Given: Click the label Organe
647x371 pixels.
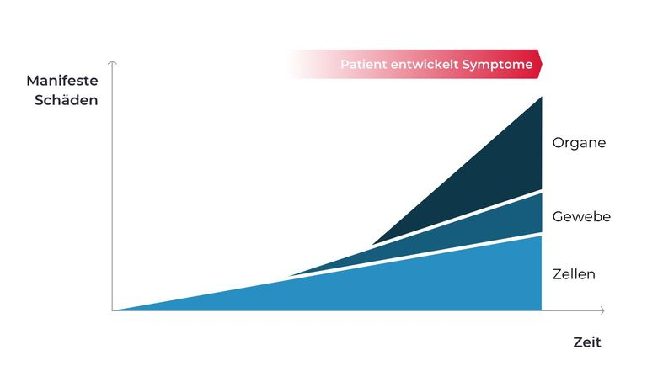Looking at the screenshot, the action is tap(579, 143).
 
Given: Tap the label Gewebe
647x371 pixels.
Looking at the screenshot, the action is tap(581, 216).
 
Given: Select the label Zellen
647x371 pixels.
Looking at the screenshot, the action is tap(574, 274).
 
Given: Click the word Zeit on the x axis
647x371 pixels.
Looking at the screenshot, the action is tap(586, 342).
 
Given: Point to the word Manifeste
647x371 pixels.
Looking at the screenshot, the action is tap(62, 81).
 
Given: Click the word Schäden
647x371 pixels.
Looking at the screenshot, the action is tap(66, 100).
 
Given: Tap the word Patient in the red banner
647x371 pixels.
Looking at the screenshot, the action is tap(364, 64).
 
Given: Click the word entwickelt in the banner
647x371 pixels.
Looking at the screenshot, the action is tap(425, 64).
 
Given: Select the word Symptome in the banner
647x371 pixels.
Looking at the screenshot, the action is tap(497, 65).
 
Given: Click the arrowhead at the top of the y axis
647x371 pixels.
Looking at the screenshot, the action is tap(112, 62).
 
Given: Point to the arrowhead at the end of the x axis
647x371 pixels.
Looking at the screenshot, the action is tap(603, 310).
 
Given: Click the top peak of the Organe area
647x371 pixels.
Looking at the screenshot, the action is tap(542, 98).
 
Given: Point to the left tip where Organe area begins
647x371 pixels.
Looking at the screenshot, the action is tap(373, 244).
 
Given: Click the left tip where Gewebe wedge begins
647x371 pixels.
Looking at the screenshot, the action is tap(290, 275).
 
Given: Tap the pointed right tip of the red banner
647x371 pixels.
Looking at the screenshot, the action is tap(542, 64).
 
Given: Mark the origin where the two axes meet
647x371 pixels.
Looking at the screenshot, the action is tap(112, 310).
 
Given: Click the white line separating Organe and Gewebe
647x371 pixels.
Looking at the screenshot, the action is tap(457, 218).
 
